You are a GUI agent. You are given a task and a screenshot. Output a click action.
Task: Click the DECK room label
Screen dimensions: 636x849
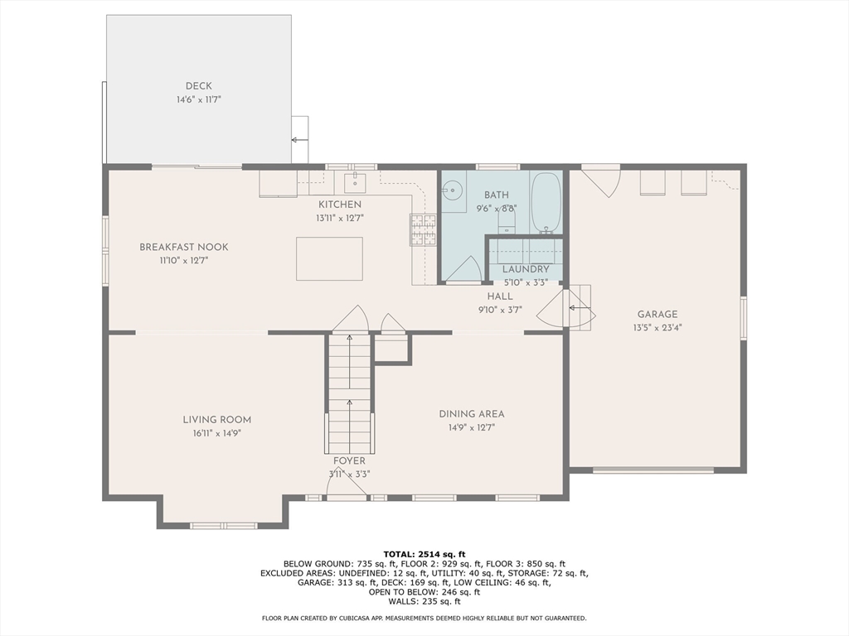pos(198,86)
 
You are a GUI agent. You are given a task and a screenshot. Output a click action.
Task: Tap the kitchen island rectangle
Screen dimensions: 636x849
pos(329,258)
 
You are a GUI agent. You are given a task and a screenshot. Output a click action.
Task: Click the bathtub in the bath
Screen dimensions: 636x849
pos(546,202)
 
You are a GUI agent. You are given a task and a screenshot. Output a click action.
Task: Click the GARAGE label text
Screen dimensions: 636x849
pos(657,314)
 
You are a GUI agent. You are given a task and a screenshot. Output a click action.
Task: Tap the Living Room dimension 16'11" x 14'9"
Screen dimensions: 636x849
pos(216,432)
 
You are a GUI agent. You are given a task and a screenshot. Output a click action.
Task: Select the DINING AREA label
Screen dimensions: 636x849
pos(471,414)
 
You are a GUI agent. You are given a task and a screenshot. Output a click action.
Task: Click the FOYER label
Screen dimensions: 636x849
pos(349,461)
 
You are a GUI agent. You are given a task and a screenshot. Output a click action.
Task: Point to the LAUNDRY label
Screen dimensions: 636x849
pos(525,269)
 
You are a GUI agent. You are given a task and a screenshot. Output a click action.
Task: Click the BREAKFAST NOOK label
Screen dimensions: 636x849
pos(183,247)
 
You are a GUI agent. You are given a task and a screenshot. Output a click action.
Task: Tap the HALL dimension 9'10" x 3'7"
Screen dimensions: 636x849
pos(499,309)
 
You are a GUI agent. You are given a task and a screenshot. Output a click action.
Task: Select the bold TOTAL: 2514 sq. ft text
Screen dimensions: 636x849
pos(424,554)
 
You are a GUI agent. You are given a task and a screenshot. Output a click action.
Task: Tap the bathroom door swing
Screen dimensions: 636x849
pos(464,270)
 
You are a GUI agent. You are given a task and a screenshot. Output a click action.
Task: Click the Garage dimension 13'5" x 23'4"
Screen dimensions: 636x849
pos(657,327)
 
